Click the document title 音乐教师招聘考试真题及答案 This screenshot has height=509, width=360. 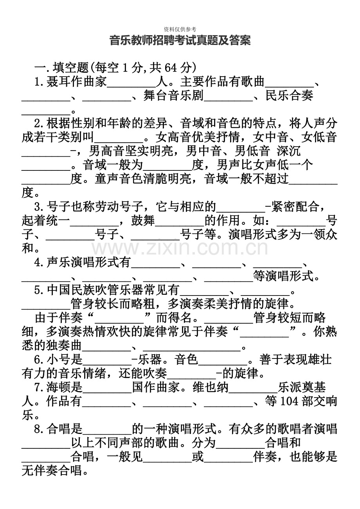click(x=180, y=40)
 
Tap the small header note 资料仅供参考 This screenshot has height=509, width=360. click(x=180, y=29)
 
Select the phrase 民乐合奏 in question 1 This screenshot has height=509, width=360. click(x=289, y=97)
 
